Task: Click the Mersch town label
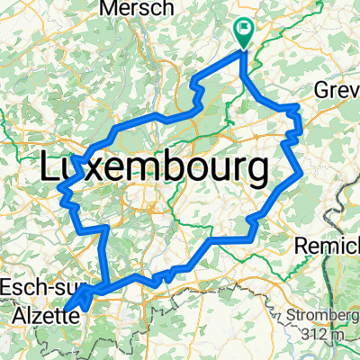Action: (x=139, y=8)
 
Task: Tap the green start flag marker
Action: (x=244, y=33)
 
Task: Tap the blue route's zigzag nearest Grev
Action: (x=294, y=121)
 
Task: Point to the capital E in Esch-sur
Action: (x=7, y=289)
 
